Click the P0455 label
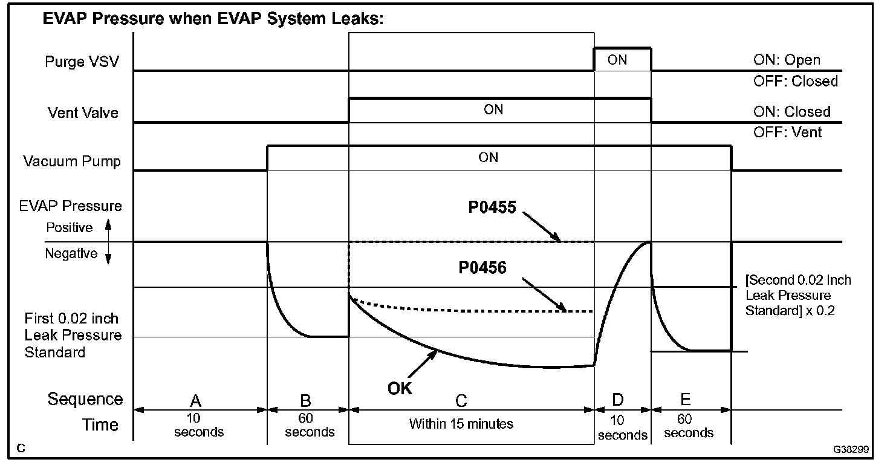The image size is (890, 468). (492, 208)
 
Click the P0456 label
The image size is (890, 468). (482, 267)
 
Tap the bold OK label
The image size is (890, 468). (400, 388)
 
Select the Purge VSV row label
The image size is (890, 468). (82, 62)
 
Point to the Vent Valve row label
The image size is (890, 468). (83, 112)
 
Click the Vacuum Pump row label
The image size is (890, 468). (72, 161)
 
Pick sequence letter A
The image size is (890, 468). (195, 400)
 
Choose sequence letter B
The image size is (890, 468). (306, 400)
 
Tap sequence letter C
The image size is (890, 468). (461, 400)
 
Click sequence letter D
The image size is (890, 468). (618, 400)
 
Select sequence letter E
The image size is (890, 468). (685, 399)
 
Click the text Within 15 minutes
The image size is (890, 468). (461, 424)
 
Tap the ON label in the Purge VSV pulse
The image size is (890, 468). (617, 60)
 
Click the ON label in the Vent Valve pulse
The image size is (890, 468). (493, 109)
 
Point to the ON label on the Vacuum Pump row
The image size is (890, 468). (489, 157)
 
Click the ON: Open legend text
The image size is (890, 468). (787, 60)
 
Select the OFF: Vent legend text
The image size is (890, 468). (787, 131)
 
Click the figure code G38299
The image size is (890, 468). (850, 450)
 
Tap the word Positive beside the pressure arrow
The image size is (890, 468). (70, 227)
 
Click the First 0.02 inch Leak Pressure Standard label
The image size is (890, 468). (73, 335)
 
